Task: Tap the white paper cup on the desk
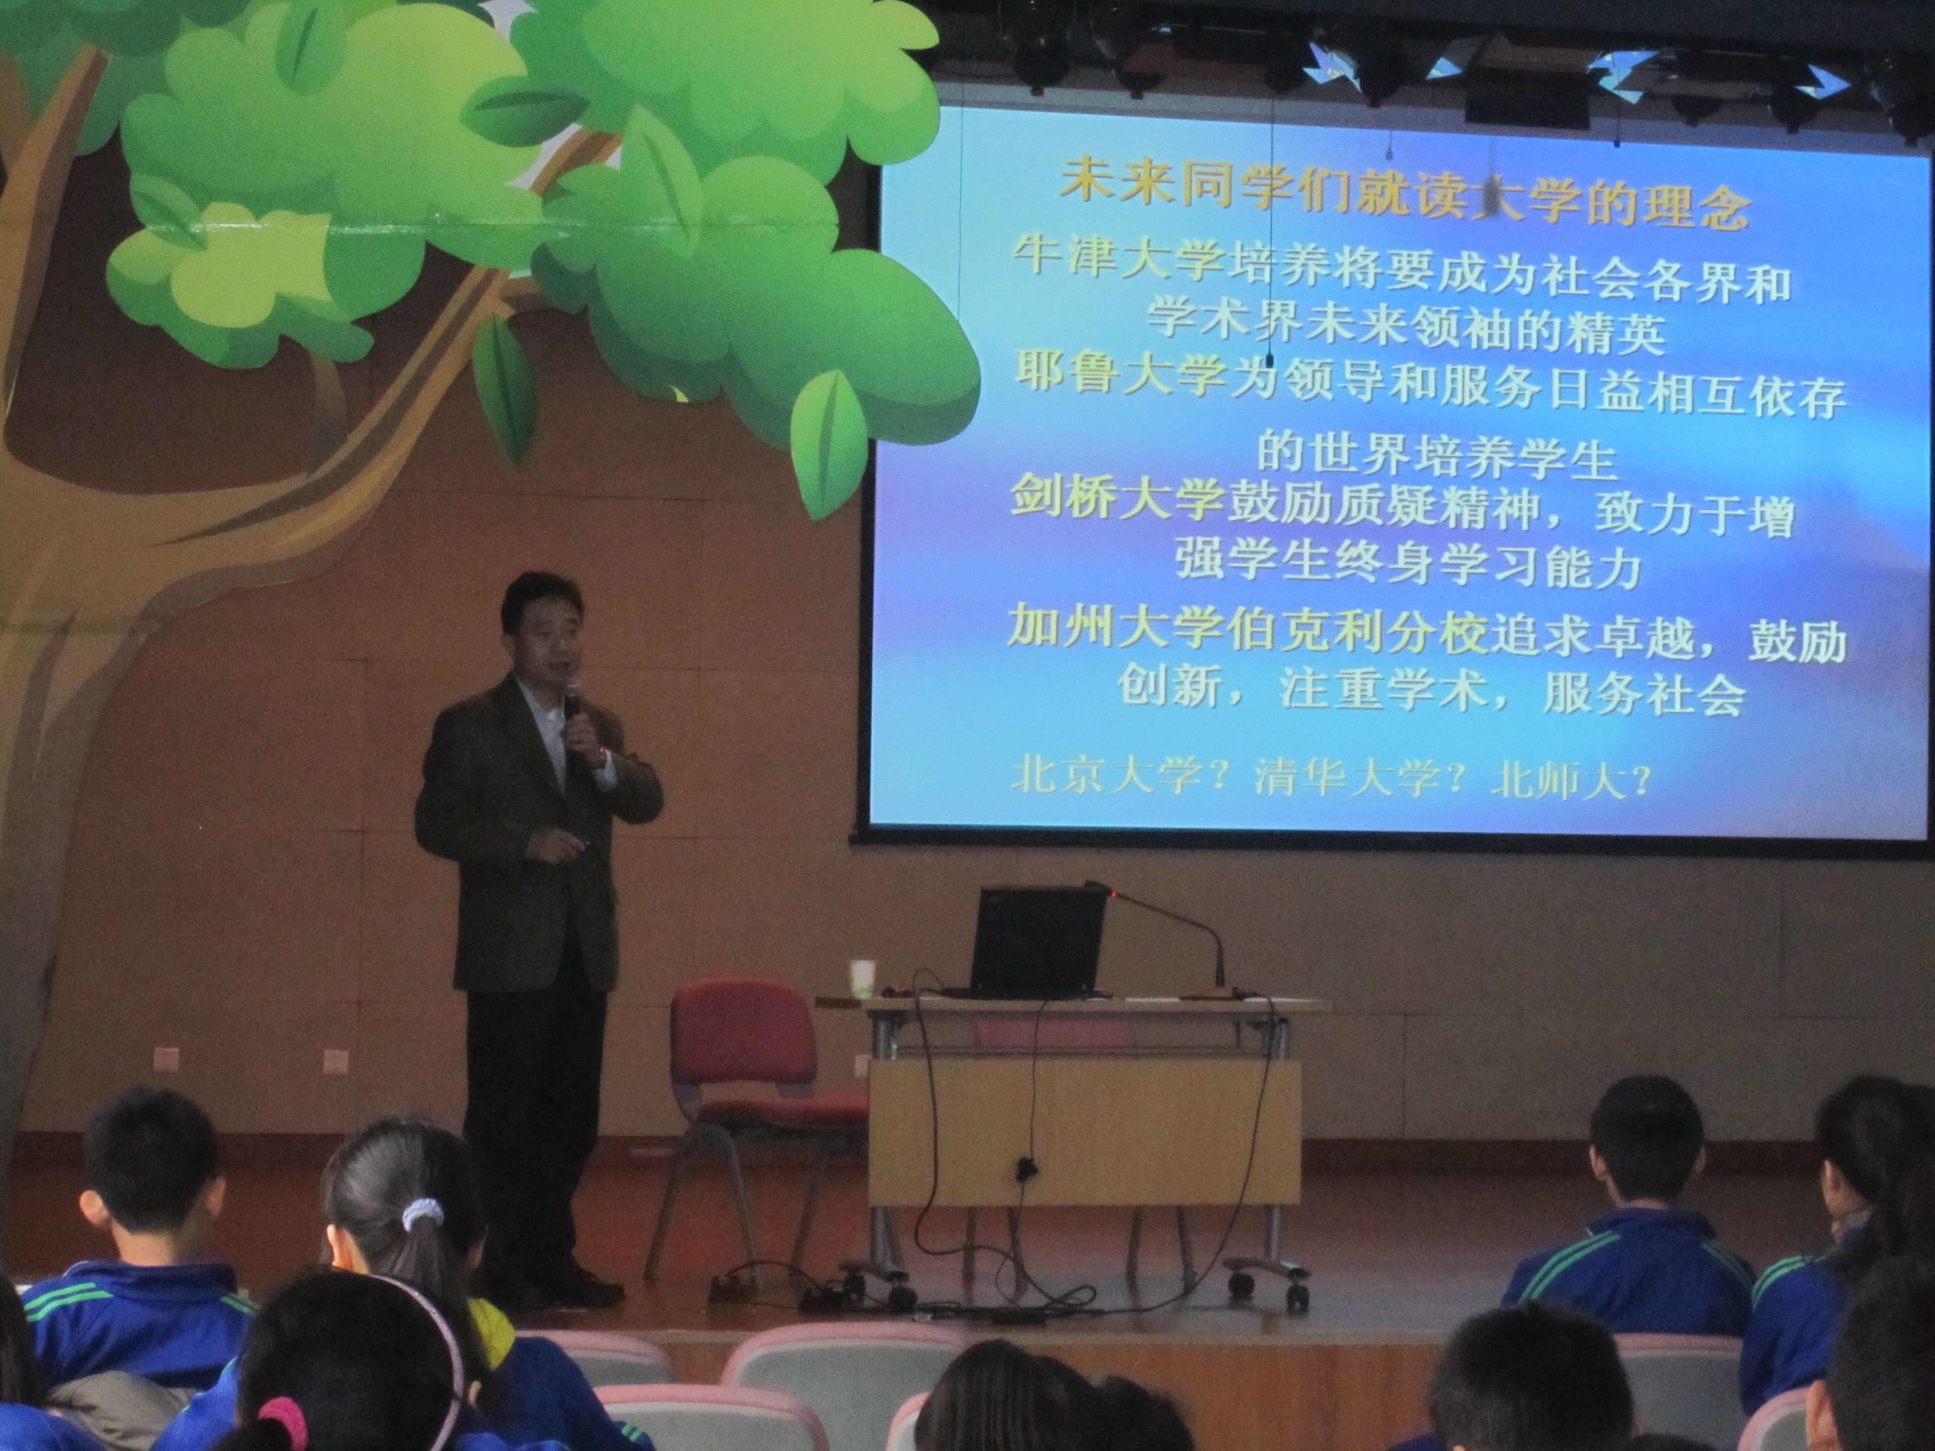(862, 978)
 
